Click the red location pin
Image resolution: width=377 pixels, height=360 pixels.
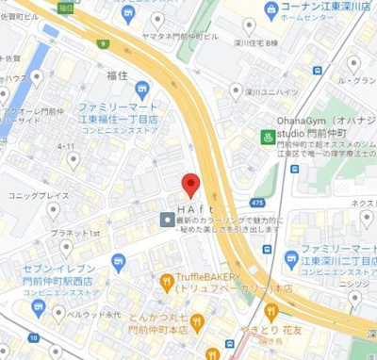click(x=189, y=185)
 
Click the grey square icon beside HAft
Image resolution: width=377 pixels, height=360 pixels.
click(x=166, y=220)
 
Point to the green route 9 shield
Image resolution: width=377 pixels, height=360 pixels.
click(x=101, y=43)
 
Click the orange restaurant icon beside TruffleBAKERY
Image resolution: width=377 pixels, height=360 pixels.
click(x=168, y=280)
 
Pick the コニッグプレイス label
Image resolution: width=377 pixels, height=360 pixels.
click(x=39, y=195)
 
